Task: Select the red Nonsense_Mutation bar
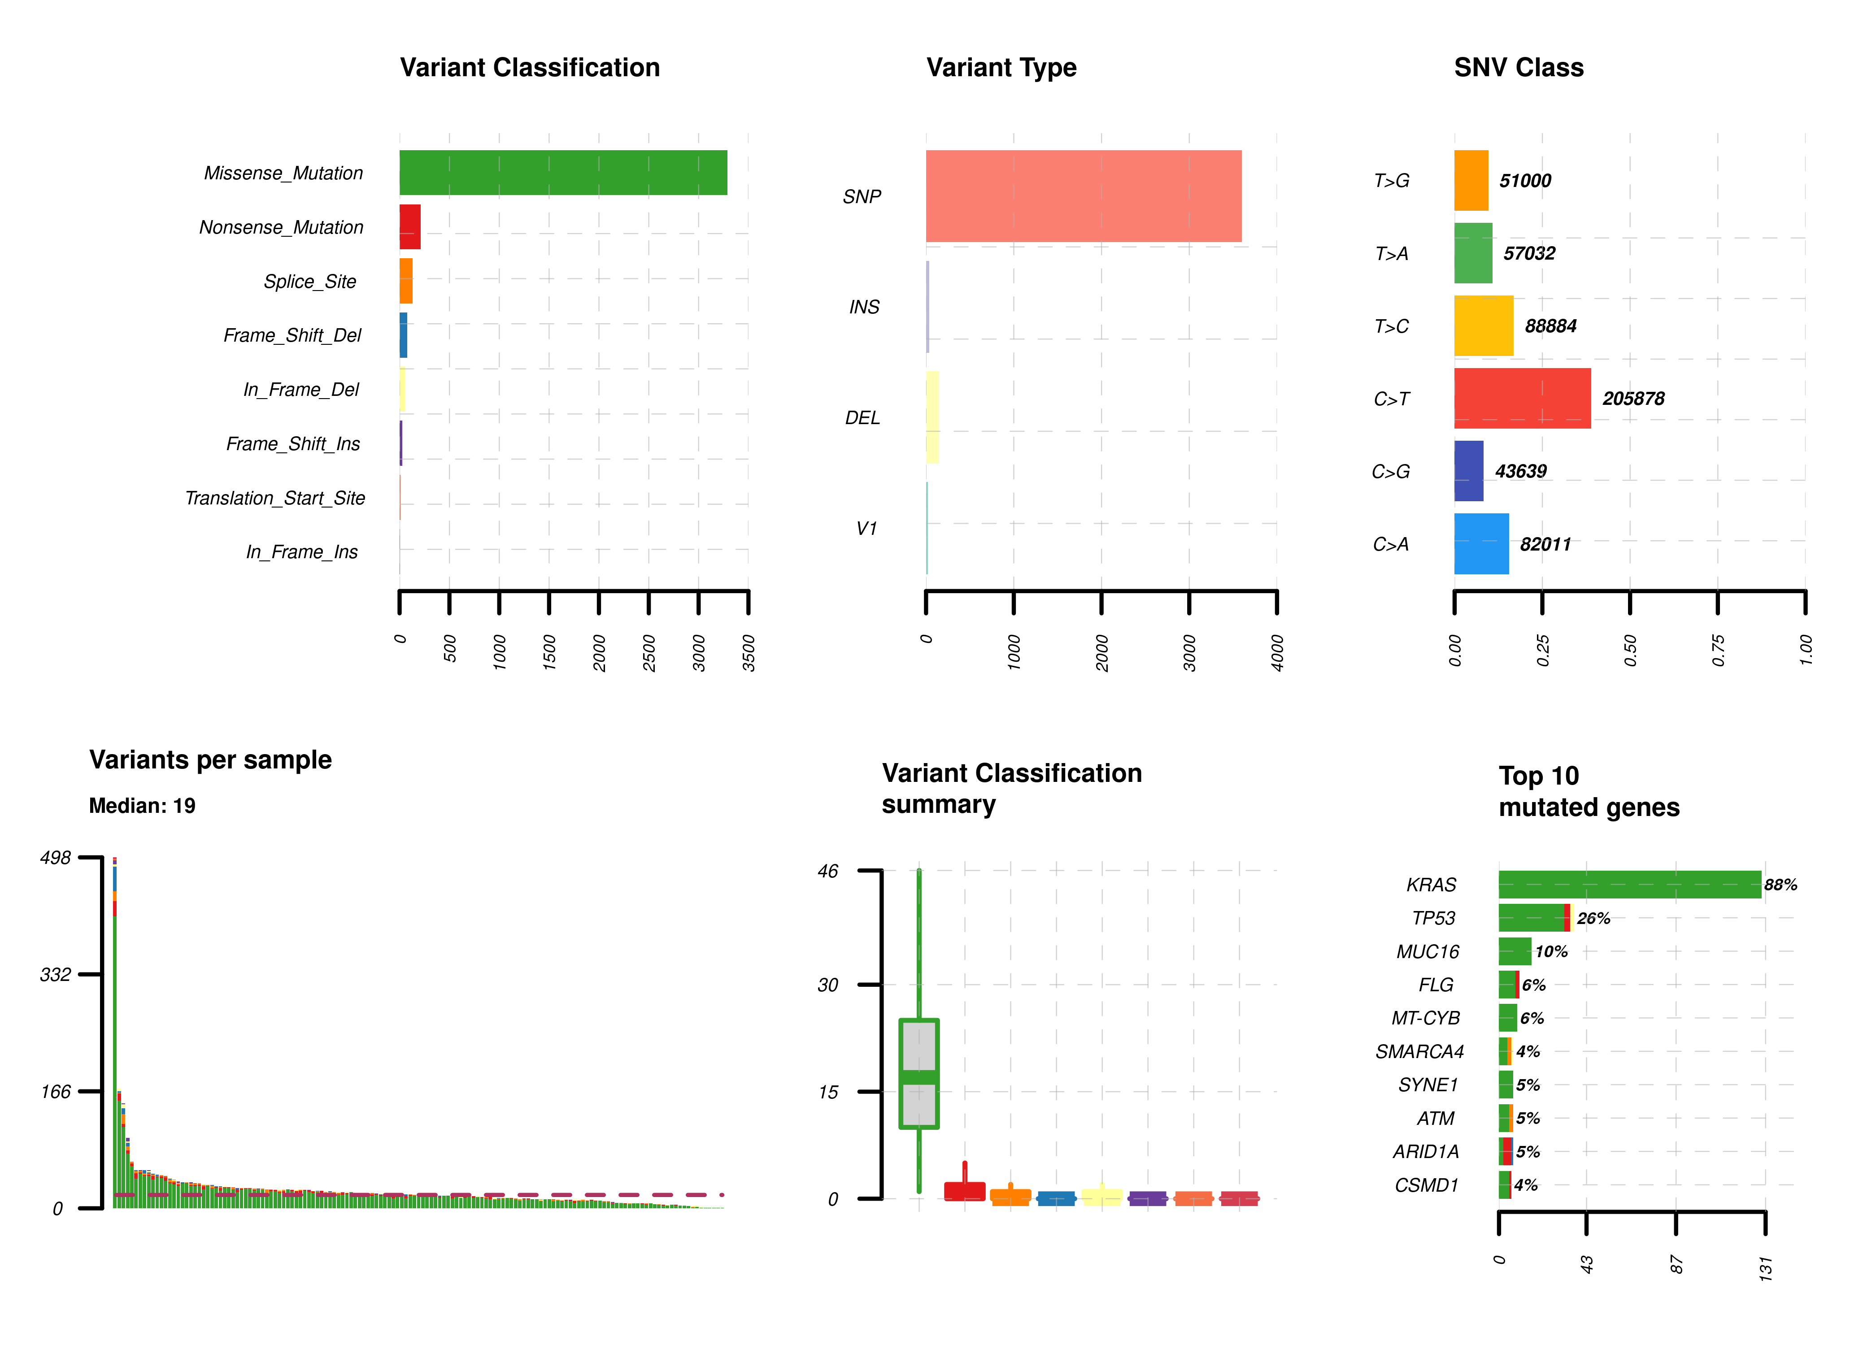tap(409, 227)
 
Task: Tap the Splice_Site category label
tap(310, 282)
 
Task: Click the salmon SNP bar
tap(1083, 196)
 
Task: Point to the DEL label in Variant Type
tap(862, 417)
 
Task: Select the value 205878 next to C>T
tap(1633, 398)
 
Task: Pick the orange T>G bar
tap(1471, 180)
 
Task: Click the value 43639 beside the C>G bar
tap(1520, 471)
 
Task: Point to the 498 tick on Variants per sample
tap(56, 857)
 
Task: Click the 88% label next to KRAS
tap(1780, 884)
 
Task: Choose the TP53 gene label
tap(1433, 918)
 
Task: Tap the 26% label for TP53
tap(1593, 918)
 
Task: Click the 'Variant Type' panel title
tap(1001, 67)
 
